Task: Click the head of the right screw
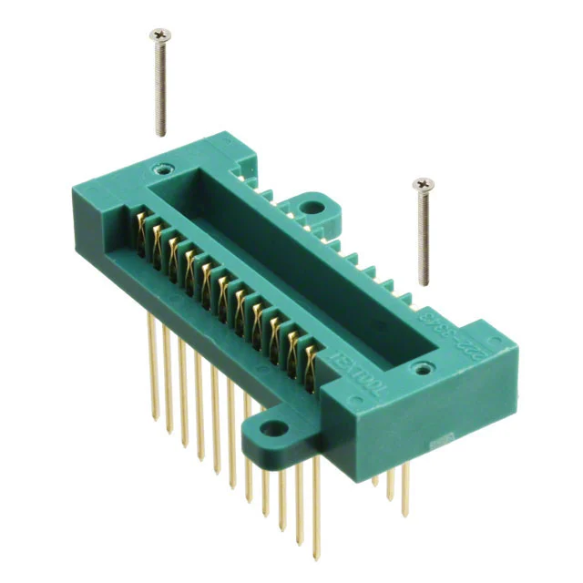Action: click(422, 185)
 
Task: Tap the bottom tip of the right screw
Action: click(422, 283)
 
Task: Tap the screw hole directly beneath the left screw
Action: click(163, 169)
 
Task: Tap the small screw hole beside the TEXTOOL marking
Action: click(420, 368)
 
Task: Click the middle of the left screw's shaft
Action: click(159, 87)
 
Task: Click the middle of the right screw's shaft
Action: click(422, 237)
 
